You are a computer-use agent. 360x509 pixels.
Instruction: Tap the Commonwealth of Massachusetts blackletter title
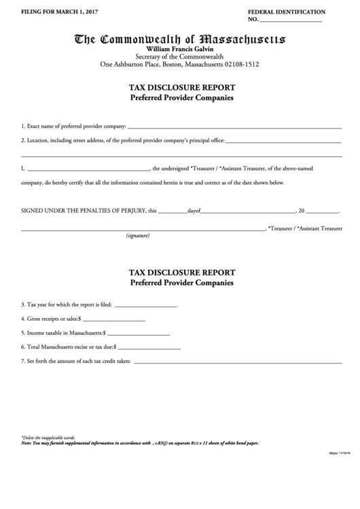point(179,40)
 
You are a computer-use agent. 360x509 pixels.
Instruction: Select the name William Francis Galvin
point(179,50)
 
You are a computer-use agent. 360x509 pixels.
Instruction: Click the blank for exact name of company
point(234,127)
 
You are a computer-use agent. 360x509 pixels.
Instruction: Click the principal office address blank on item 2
point(283,141)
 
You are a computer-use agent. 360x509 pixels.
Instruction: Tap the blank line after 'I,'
point(88,169)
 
